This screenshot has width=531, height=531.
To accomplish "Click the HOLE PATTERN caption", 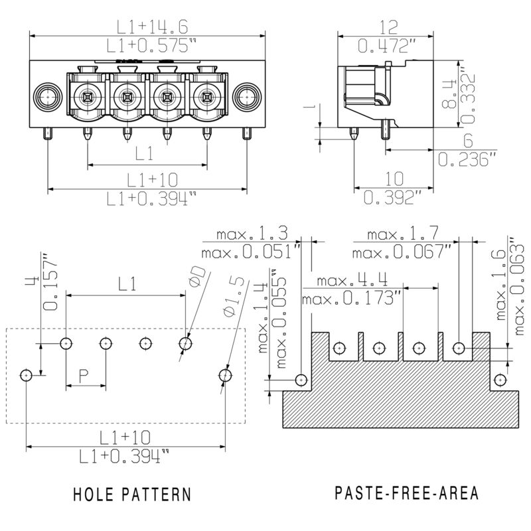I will [132, 494].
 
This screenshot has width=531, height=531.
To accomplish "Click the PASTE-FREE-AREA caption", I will [407, 494].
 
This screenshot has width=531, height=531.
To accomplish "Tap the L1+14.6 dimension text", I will [152, 27].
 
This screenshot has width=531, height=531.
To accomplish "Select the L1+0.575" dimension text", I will [152, 46].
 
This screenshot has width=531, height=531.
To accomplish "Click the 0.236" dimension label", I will [468, 159].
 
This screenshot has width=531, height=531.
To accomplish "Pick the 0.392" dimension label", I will [393, 197].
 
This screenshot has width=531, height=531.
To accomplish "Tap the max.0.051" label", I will [252, 252].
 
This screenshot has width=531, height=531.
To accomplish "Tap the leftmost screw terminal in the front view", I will [86, 98].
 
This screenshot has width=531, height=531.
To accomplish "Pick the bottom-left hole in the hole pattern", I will [26, 375].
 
